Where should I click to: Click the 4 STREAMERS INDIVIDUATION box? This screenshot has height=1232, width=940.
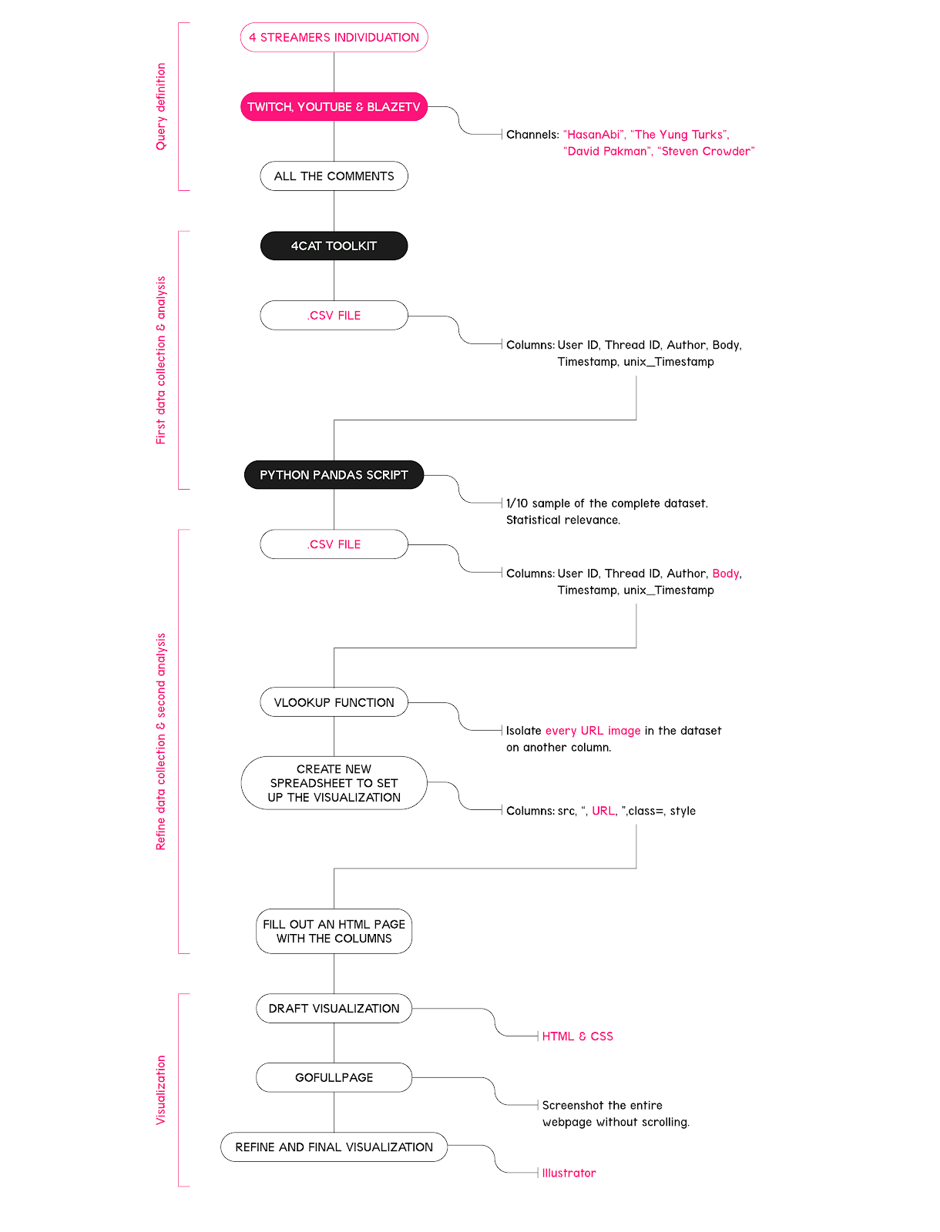[x=334, y=38]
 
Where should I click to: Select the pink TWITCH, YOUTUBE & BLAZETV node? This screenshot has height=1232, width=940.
[x=334, y=106]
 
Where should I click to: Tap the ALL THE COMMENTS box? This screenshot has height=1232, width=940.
[x=334, y=176]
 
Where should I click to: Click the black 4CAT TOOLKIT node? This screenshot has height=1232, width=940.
[x=334, y=246]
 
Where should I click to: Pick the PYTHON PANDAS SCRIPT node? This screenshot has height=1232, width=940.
[x=334, y=475]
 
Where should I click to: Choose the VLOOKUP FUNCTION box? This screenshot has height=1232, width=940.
[x=334, y=702]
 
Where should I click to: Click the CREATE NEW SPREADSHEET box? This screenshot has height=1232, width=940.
[x=334, y=783]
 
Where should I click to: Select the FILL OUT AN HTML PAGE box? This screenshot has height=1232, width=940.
[x=334, y=931]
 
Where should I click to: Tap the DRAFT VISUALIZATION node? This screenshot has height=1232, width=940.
[x=334, y=1009]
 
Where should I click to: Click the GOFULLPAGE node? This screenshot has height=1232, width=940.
[x=334, y=1078]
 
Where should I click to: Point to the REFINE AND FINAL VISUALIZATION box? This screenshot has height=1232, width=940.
[x=334, y=1147]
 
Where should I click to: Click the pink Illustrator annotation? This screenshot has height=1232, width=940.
[x=569, y=1173]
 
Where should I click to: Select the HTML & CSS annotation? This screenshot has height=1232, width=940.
[x=577, y=1036]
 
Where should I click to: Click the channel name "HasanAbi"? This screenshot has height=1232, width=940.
[x=594, y=135]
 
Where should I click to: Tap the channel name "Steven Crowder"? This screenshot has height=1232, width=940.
[x=706, y=152]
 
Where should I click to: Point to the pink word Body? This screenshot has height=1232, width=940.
[x=726, y=574]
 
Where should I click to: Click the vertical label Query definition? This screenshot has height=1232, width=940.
[x=160, y=106]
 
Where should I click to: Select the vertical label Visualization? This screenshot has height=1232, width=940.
[x=160, y=1090]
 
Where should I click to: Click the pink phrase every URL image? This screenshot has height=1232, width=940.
[x=593, y=731]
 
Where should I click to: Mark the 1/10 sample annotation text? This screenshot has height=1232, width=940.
[x=606, y=512]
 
